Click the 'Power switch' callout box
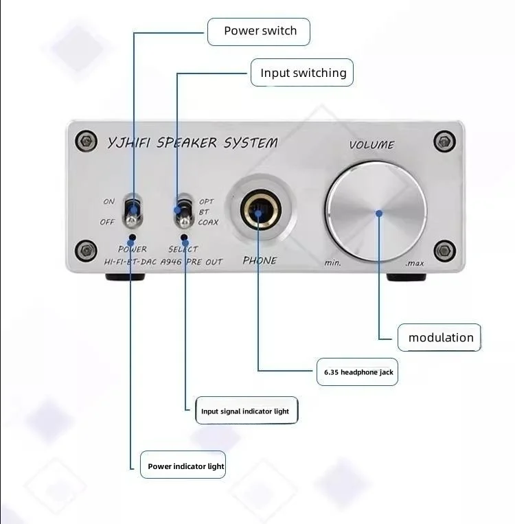[x=260, y=32]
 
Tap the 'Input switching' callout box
[x=302, y=73]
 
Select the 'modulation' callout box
[x=440, y=337]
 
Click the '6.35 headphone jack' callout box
[x=358, y=372]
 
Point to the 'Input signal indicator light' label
[x=246, y=411]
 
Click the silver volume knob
[x=376, y=212]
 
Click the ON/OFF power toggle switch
[x=131, y=211]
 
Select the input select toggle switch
[x=182, y=212]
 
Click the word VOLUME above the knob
[x=371, y=145]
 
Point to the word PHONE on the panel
[x=260, y=260]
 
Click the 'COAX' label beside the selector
[x=208, y=222]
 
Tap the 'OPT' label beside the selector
[x=206, y=202]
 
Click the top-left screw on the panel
[x=86, y=140]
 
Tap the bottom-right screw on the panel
[x=444, y=249]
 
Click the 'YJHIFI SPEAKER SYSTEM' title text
[x=193, y=143]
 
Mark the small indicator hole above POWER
[x=131, y=236]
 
